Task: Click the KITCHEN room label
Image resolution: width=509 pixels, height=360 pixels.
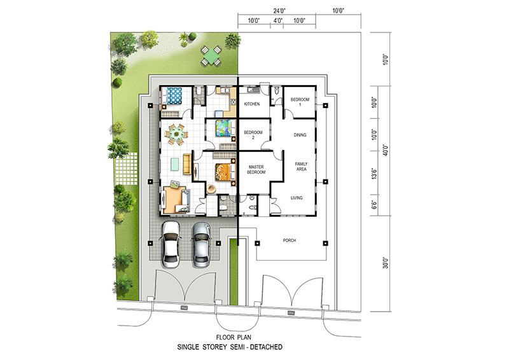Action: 252,104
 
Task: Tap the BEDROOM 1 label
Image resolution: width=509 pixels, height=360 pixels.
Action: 300,102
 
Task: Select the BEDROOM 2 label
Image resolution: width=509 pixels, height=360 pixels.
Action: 253,135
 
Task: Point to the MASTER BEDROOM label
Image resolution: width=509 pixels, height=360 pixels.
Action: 256,169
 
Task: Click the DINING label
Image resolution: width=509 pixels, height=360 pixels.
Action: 300,135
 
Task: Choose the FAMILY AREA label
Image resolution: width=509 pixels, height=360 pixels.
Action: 301,167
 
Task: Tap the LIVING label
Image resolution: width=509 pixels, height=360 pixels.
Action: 296,198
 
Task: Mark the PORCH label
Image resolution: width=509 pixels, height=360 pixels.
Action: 289,240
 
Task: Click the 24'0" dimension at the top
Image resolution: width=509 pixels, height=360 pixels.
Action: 279,11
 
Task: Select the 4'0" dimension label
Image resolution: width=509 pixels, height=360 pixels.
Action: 278,21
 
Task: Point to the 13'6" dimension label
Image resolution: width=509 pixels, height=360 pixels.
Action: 375,174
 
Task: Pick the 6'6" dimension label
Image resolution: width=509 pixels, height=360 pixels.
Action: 375,205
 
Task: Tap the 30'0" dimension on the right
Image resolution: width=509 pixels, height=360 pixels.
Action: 386,263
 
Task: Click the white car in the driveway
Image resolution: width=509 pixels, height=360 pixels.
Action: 171,244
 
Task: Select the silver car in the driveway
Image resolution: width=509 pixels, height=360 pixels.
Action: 201,245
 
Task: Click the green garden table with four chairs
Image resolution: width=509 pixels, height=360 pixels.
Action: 211,56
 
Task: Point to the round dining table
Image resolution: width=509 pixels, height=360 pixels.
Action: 176,134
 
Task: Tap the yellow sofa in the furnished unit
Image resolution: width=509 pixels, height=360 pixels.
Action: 187,164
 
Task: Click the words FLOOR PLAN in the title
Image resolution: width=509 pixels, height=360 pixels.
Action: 234,337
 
